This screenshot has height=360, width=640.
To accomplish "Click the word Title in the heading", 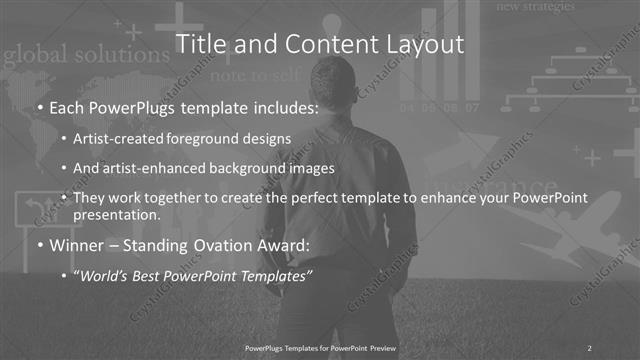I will pos(198,44).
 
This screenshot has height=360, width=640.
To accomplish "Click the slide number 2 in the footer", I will pos(589,347).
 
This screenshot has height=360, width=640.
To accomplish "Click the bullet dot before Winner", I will pos(39,246).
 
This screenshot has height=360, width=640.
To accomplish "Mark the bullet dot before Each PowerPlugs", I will pos(39,107).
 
